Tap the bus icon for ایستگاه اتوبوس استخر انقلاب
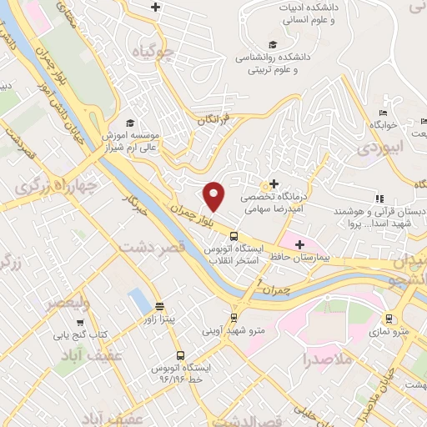pos(234,235)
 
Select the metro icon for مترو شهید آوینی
pos(234,318)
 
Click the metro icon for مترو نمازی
pos(388,319)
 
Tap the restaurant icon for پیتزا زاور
pos(158,306)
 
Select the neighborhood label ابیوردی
pos(379,148)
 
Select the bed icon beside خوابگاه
pos(383,113)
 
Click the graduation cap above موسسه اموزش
pos(129,122)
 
